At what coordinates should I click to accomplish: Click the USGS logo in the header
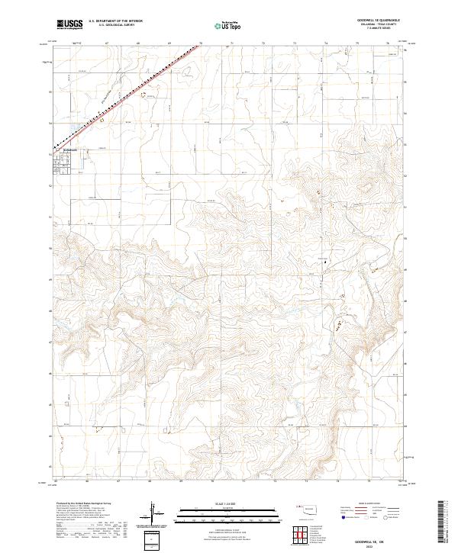[69, 25]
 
